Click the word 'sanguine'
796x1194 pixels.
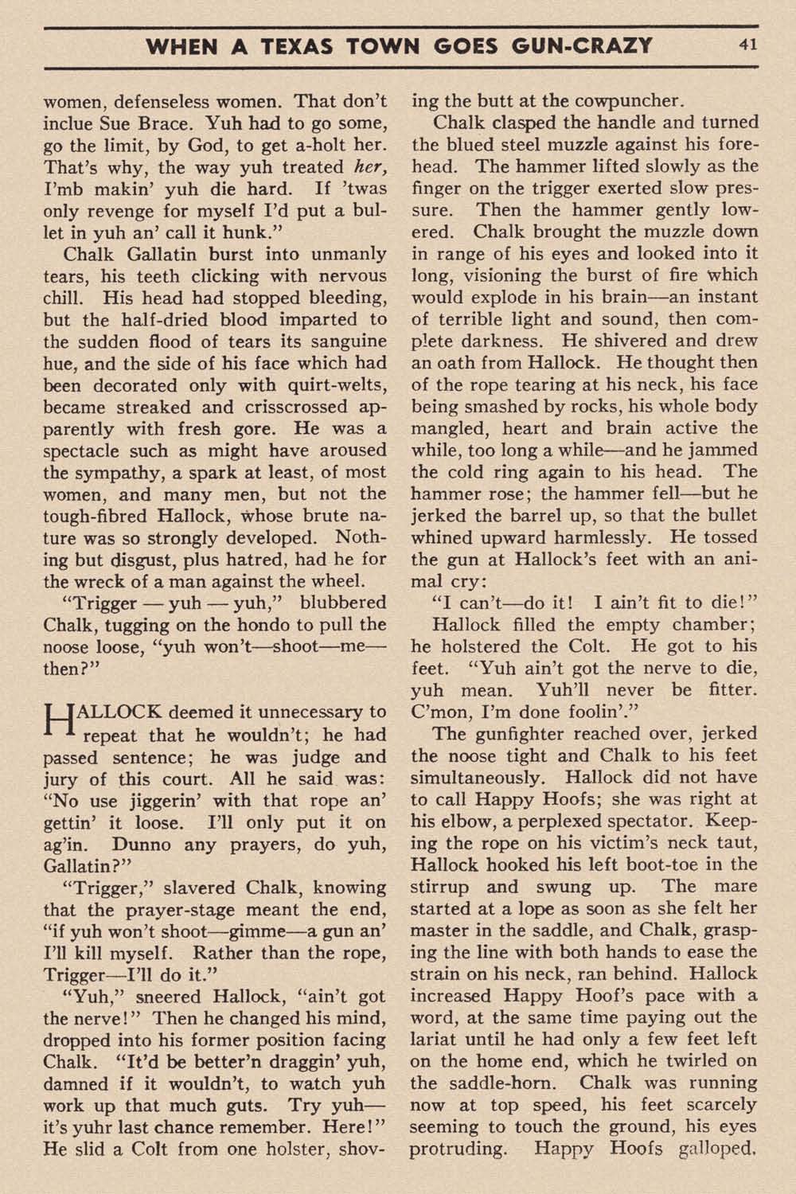pyautogui.click(x=345, y=341)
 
